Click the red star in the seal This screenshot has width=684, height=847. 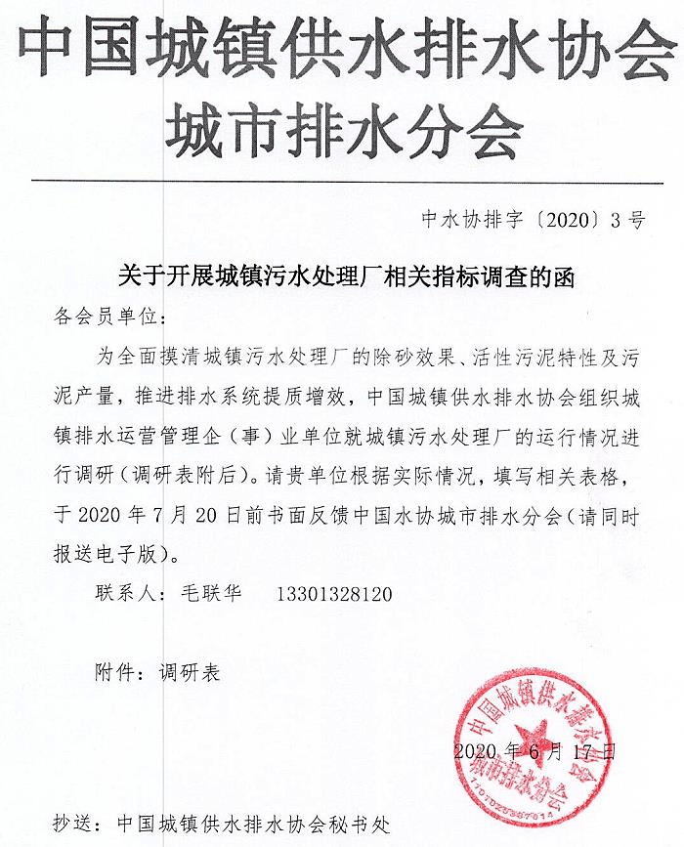534,734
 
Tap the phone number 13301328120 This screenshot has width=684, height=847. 335,593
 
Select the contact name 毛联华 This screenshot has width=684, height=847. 212,593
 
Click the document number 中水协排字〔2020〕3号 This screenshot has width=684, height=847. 534,220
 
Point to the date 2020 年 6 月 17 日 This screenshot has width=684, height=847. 535,751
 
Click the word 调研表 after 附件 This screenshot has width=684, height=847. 190,673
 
